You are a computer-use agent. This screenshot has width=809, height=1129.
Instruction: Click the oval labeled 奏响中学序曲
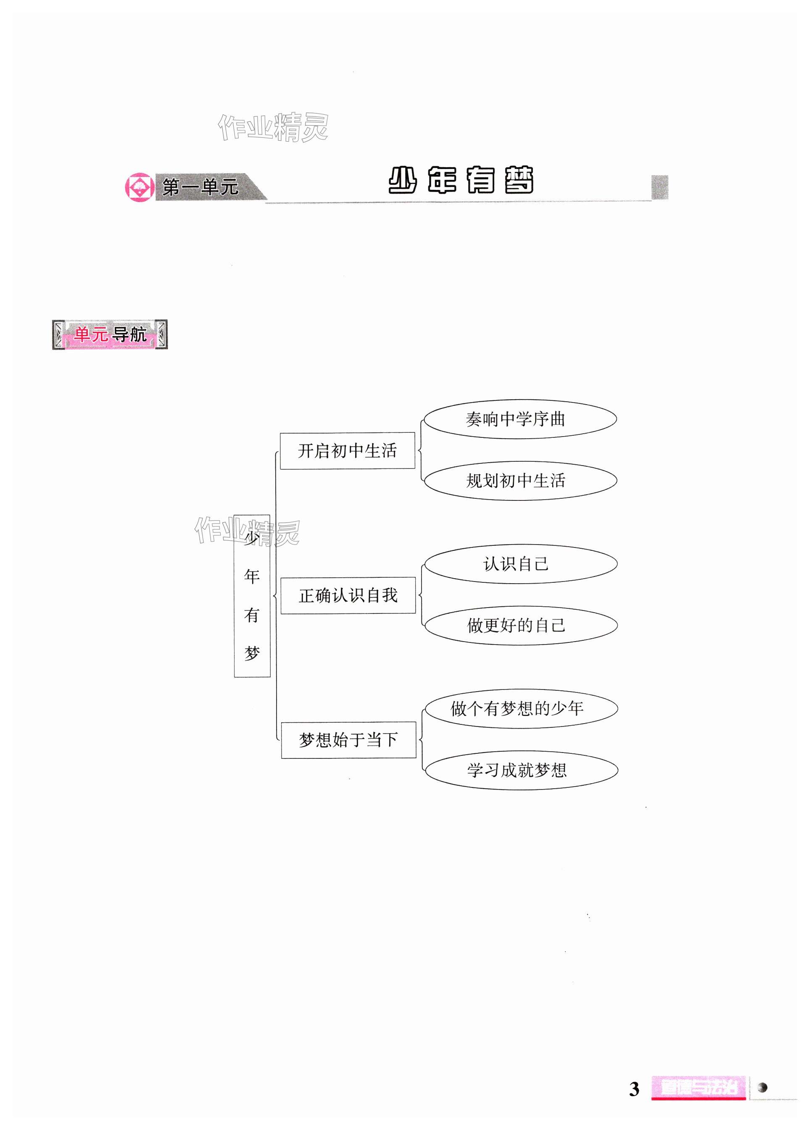(519, 419)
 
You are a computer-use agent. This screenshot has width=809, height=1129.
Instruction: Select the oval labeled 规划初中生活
(520, 480)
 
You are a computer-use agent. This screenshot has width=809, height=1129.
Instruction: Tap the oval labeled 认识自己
(520, 564)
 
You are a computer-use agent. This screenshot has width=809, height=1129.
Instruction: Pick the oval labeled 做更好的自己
(520, 625)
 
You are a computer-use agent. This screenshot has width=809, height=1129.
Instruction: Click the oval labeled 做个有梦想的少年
(520, 708)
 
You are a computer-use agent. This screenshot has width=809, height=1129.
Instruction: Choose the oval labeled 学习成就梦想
(521, 770)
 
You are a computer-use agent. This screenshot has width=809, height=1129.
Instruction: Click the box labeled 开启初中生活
(347, 450)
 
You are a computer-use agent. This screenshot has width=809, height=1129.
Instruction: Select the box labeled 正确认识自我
(348, 595)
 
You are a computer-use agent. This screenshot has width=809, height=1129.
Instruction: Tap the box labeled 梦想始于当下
(348, 740)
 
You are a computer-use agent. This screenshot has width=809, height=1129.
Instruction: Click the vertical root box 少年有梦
(252, 595)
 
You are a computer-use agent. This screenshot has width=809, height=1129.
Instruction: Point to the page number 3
(634, 1089)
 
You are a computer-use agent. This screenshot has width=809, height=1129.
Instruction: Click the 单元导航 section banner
(110, 334)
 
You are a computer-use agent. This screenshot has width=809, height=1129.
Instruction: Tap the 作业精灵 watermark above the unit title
(273, 127)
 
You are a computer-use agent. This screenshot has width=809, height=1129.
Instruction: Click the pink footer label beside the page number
(698, 1088)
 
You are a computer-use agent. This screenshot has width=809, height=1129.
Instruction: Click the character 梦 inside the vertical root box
(252, 653)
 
